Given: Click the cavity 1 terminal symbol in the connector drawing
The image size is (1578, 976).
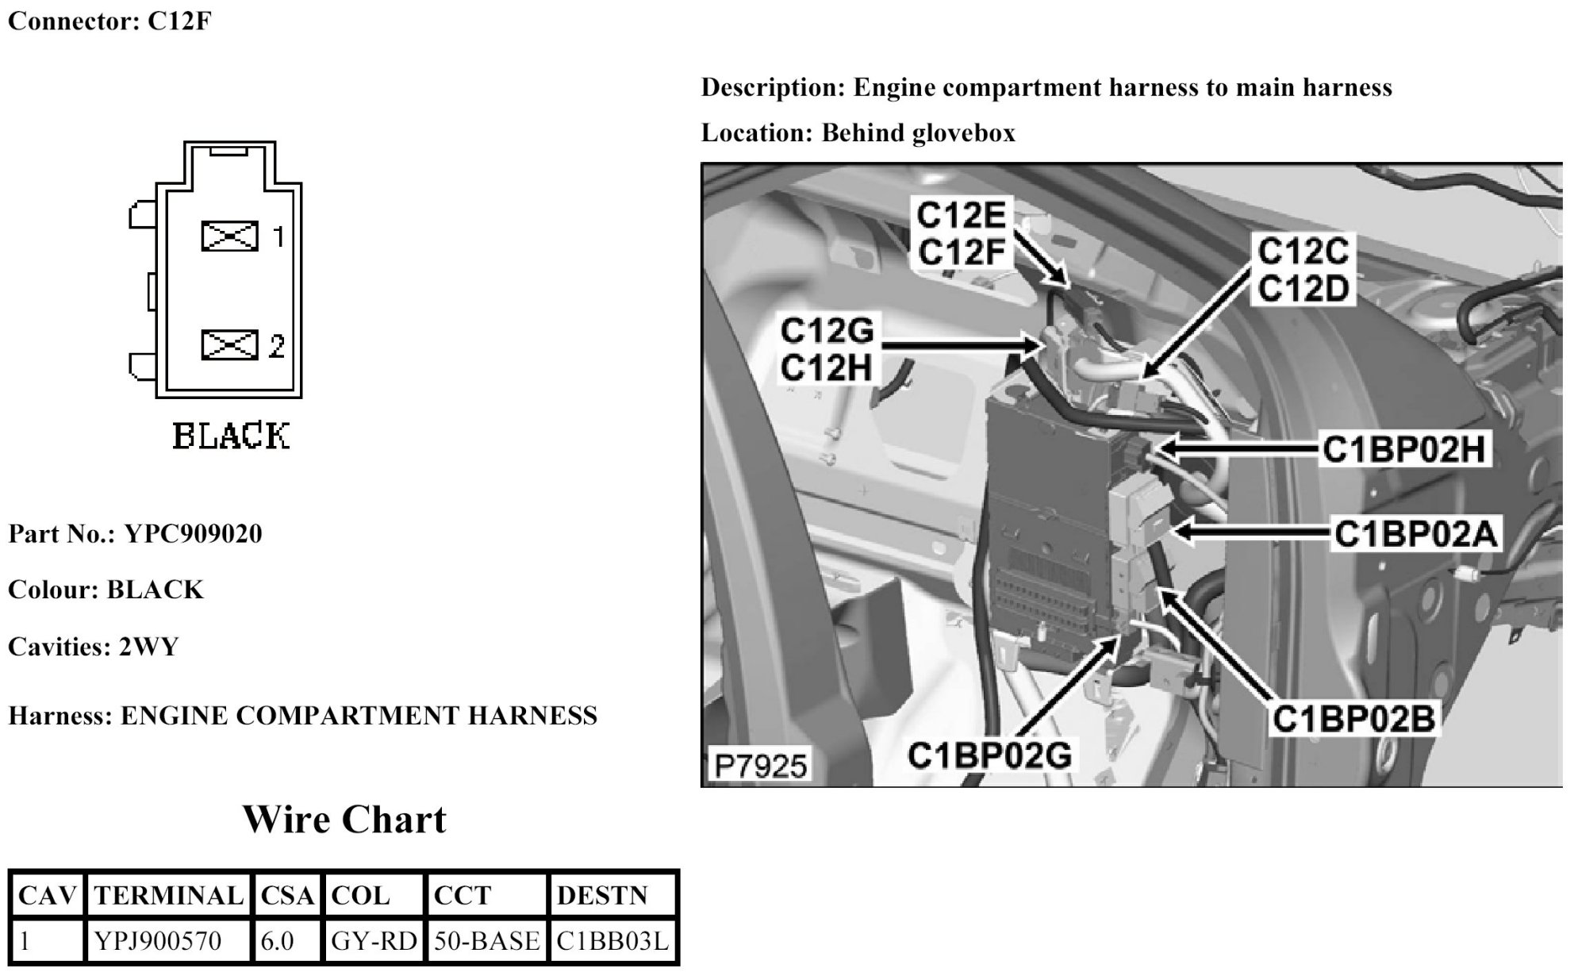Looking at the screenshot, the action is click(229, 236).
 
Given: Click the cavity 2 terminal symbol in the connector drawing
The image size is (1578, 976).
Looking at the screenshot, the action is click(229, 345).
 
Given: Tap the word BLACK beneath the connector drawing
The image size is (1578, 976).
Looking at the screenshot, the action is click(231, 436).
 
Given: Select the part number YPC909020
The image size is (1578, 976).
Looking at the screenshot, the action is click(193, 534).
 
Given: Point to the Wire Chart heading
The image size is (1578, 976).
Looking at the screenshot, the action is click(344, 820).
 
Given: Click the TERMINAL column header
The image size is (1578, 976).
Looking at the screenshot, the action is click(168, 896).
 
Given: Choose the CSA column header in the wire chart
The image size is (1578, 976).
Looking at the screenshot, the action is click(287, 896).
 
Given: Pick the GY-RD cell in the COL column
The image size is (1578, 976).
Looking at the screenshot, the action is click(374, 941).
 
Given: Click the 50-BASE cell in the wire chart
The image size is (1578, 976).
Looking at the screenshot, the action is click(486, 941).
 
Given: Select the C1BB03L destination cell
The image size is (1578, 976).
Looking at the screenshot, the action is click(612, 941).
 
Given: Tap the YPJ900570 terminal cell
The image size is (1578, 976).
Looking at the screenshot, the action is click(158, 941).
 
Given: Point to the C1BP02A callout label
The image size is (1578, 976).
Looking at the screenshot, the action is click(1415, 534).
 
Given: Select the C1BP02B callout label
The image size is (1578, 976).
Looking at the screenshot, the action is click(1353, 719).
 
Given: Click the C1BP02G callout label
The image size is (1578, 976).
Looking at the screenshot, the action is click(989, 755).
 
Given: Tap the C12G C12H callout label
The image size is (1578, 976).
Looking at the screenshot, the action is click(827, 349).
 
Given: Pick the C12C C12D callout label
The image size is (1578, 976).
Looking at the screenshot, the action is click(1303, 271).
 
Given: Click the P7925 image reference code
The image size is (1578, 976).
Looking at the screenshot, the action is click(760, 766).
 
